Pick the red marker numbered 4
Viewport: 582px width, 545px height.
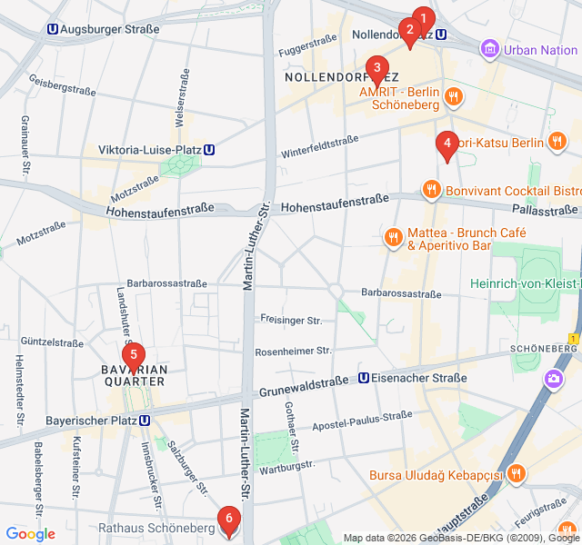point(446,144)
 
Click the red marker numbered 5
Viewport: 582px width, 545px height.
point(133,355)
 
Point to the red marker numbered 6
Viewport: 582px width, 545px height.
point(228,520)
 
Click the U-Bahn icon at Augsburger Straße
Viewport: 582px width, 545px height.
point(54,29)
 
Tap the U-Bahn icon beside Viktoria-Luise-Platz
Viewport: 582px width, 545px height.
point(210,150)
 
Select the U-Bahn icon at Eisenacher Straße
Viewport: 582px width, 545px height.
point(364,378)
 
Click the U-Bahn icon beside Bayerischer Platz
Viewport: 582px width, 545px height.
point(145,421)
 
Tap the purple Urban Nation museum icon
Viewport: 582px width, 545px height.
point(490,49)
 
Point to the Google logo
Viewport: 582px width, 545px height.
point(30,534)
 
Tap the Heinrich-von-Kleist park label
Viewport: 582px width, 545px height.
point(525,284)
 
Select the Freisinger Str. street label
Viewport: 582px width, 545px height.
point(291,321)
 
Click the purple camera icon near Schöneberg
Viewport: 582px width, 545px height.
point(553,379)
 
